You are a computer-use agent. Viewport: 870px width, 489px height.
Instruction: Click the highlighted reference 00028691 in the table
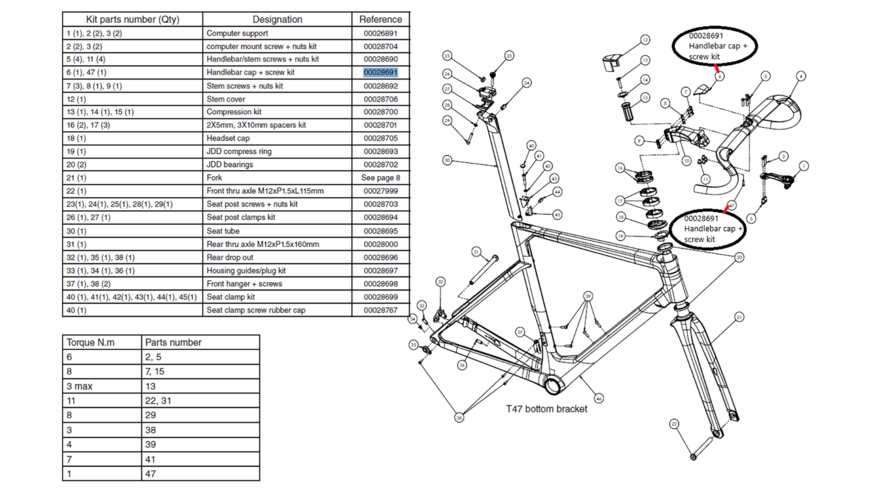click(380, 73)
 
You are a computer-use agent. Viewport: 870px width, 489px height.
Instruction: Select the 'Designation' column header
click(277, 19)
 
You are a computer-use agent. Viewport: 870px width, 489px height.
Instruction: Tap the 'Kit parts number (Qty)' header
click(132, 19)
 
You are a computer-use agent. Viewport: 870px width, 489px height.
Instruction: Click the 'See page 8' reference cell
click(380, 178)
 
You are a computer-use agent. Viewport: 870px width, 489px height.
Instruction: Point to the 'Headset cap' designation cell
click(230, 139)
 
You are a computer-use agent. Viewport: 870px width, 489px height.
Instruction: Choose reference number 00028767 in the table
click(380, 310)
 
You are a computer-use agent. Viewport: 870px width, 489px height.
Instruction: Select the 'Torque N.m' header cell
click(91, 342)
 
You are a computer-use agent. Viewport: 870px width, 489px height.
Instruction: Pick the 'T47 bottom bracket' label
click(545, 408)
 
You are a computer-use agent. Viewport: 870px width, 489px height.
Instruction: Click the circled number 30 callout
click(447, 160)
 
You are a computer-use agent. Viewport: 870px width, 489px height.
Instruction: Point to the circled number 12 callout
click(645, 40)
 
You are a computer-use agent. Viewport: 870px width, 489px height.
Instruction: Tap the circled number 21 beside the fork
click(739, 318)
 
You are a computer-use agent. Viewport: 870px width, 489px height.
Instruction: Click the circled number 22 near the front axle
click(675, 424)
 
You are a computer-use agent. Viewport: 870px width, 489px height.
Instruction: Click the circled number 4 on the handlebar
click(801, 76)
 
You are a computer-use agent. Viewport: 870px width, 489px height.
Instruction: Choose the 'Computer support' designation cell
click(237, 33)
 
